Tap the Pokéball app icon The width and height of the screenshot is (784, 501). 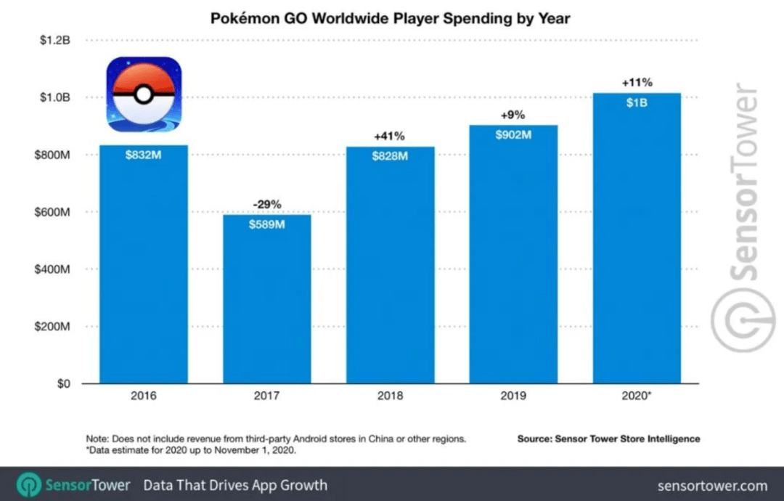pyautogui.click(x=144, y=94)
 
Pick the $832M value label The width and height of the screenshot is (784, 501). pyautogui.click(x=143, y=155)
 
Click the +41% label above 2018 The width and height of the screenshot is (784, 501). pyautogui.click(x=390, y=136)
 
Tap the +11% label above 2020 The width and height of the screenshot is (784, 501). pyautogui.click(x=637, y=83)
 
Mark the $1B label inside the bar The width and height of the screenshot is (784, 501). pyautogui.click(x=637, y=103)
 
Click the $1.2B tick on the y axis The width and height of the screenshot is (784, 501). pyautogui.click(x=55, y=41)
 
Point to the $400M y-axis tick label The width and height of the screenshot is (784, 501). pyautogui.click(x=53, y=269)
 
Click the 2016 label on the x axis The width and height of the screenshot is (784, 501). pyautogui.click(x=143, y=396)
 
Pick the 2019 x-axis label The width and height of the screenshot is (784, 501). pyautogui.click(x=513, y=396)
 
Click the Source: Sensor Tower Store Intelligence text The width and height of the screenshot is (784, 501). pyautogui.click(x=608, y=439)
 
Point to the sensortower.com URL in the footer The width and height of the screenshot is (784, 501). pyautogui.click(x=712, y=485)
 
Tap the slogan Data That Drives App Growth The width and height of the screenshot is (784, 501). pyautogui.click(x=235, y=485)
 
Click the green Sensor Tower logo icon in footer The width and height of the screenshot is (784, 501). pyautogui.click(x=29, y=485)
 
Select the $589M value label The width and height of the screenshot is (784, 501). pyautogui.click(x=266, y=224)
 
